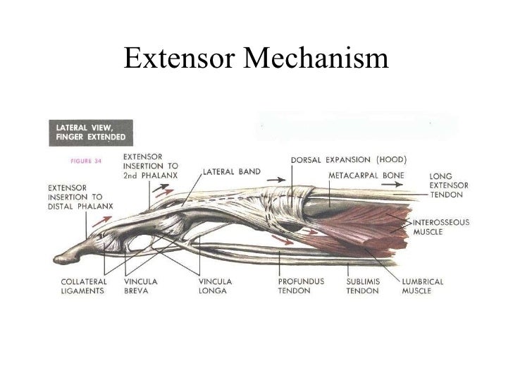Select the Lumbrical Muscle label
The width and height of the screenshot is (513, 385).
pos(424,286)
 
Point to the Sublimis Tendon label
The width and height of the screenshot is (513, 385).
pos(364,286)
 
